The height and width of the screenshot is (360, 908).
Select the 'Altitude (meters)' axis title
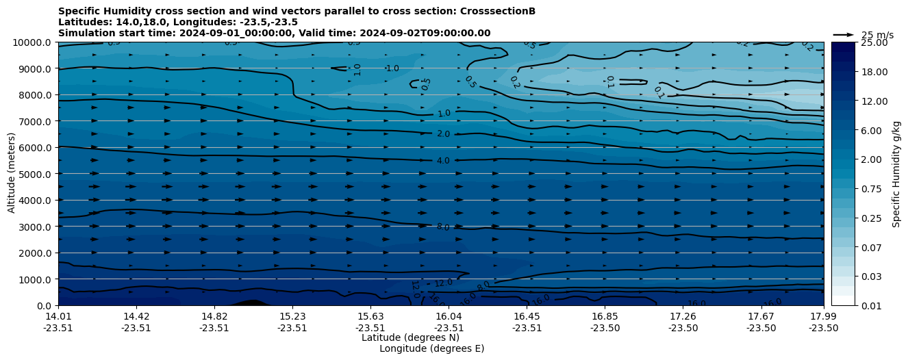(x=12, y=174)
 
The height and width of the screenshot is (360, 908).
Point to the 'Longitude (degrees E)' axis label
(x=431, y=348)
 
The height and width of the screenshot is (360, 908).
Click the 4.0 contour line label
(x=443, y=161)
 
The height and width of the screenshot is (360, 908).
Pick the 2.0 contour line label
(x=443, y=134)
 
